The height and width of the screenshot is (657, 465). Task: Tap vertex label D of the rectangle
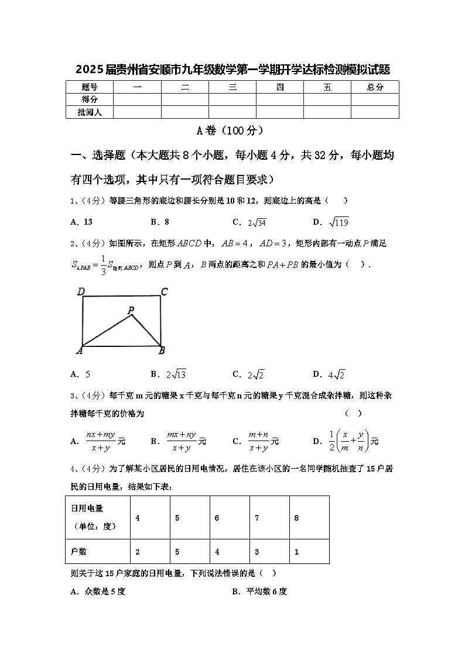click(x=81, y=291)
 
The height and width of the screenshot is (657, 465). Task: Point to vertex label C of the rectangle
click(x=165, y=291)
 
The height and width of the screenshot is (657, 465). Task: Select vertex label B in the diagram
click(x=162, y=350)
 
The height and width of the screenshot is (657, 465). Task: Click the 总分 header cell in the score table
click(x=375, y=87)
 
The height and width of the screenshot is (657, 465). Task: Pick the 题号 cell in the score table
click(x=90, y=87)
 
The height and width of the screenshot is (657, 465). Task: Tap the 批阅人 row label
click(x=90, y=112)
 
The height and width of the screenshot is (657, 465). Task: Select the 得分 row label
click(x=90, y=99)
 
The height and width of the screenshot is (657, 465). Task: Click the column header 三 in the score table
click(x=232, y=87)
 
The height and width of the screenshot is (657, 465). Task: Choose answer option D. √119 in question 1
click(x=331, y=222)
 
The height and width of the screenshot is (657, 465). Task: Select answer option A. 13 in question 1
click(x=81, y=222)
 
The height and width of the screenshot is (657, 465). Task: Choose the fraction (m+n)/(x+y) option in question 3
click(x=256, y=442)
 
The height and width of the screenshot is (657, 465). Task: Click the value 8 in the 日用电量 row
click(x=297, y=518)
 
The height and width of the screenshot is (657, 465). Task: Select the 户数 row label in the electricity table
click(x=79, y=552)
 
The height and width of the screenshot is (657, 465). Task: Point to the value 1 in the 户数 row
click(x=297, y=552)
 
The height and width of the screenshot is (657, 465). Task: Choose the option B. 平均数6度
click(x=259, y=591)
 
